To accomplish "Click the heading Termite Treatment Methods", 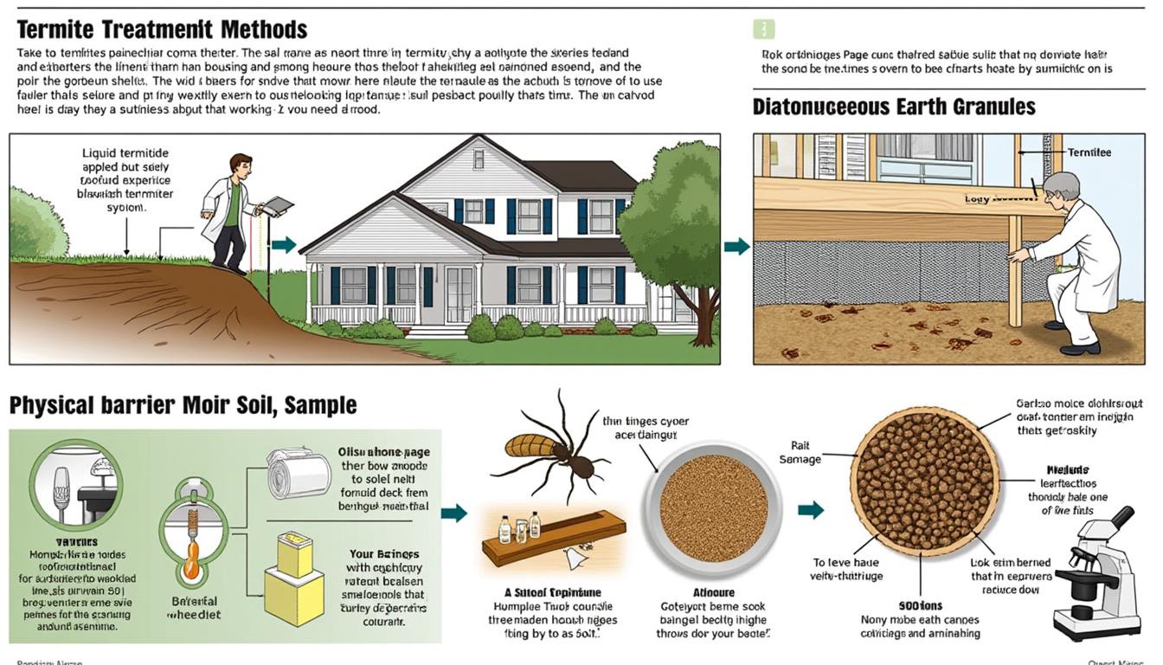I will tap(162, 29).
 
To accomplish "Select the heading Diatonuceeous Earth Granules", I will tap(894, 107).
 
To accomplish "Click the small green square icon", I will tap(763, 29).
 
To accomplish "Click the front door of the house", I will tap(459, 294).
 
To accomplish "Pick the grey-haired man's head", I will tap(1061, 190).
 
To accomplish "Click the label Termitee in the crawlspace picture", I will tap(1089, 152).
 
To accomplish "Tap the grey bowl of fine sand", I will tap(712, 507).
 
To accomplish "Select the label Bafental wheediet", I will tap(194, 608).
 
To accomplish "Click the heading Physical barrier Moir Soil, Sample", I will tap(183, 405).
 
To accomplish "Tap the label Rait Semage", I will tap(800, 453).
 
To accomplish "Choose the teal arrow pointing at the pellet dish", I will tap(810, 509).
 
